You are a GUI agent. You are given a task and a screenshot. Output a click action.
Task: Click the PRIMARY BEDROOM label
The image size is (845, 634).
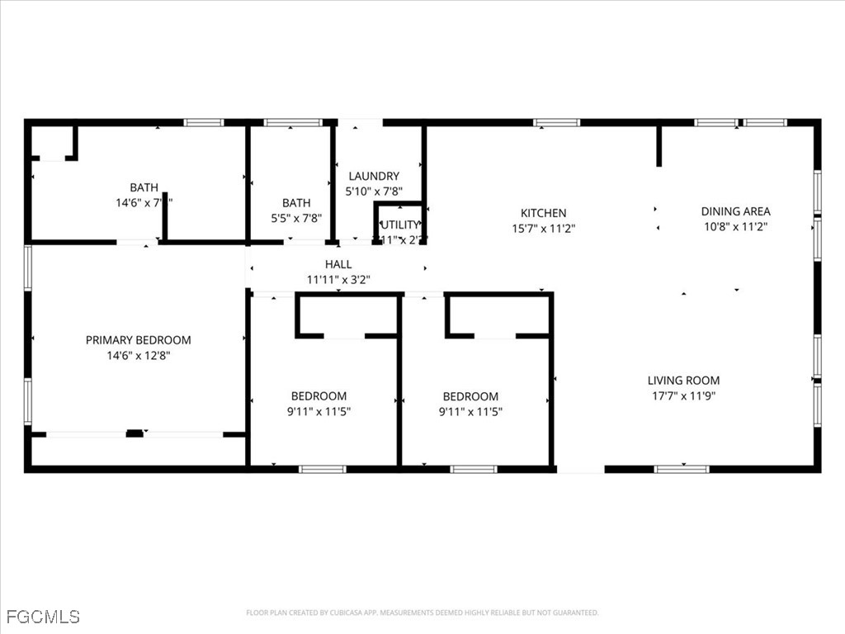pos(138,340)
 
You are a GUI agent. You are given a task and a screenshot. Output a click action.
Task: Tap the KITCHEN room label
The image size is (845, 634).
pos(543,213)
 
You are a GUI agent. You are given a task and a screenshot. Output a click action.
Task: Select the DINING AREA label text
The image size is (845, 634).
pos(735,211)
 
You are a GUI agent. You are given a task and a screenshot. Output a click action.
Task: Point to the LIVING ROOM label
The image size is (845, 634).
pos(683,381)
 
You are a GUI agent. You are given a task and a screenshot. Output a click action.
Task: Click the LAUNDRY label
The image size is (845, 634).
pos(373,176)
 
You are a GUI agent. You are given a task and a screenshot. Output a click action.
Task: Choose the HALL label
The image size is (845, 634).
pos(338,264)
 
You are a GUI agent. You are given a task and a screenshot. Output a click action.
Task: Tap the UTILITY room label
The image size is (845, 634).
pos(400,225)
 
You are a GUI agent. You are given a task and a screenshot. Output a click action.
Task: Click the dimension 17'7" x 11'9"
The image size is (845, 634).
pos(683,395)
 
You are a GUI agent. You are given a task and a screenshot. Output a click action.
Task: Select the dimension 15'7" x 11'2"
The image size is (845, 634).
pos(543,228)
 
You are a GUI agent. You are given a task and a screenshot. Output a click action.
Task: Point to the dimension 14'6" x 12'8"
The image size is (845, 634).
pos(138,355)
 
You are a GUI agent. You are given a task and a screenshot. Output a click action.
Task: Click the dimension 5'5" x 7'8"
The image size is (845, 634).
pos(296,218)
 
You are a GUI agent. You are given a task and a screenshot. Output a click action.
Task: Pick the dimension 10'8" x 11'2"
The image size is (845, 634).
pos(735,226)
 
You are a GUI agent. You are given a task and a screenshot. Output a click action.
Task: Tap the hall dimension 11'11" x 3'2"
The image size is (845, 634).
pos(338,279)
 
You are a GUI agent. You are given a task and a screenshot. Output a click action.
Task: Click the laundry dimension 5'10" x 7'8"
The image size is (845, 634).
pos(373,191)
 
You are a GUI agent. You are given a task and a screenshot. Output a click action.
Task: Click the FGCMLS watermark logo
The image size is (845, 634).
pos(43,616)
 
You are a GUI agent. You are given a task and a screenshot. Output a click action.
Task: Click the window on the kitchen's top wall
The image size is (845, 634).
pos(556,123)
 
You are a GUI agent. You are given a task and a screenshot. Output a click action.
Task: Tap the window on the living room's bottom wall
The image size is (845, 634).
pos(681,469)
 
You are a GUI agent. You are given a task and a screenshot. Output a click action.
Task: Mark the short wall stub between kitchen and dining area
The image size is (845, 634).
pos(659,146)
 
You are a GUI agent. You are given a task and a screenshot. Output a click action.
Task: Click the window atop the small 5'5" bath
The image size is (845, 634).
pos(293,123)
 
